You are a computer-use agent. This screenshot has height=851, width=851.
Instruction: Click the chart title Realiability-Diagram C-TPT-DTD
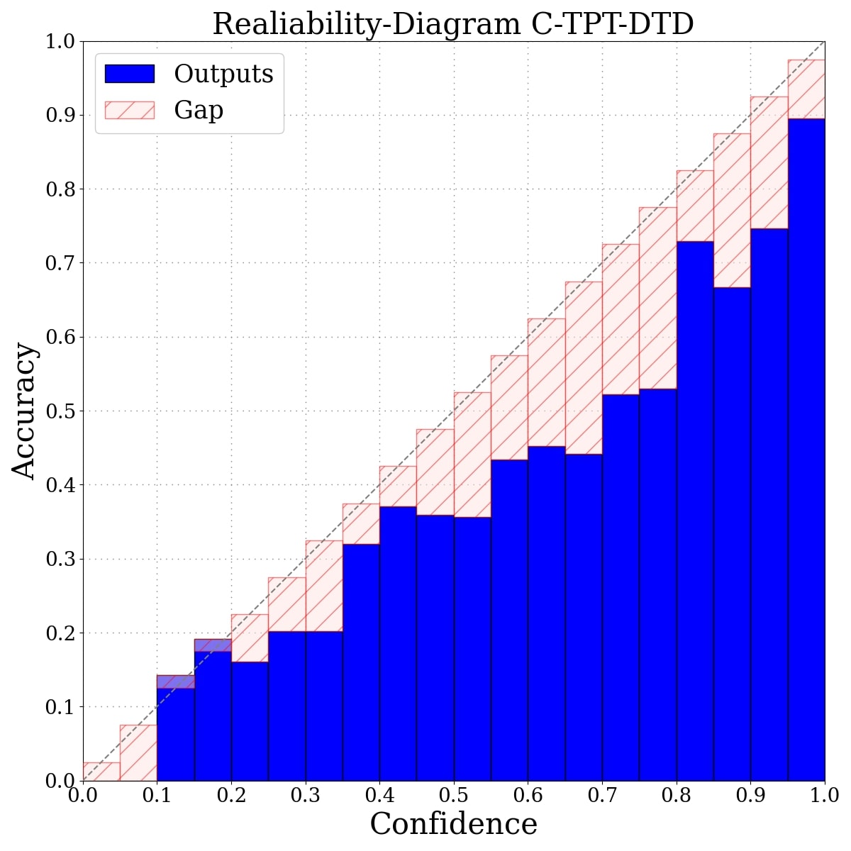point(452,24)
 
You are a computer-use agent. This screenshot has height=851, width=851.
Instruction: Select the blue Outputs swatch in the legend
point(129,74)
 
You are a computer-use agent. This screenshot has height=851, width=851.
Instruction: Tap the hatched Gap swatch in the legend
point(129,110)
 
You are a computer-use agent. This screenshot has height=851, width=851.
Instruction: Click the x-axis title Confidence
point(453,824)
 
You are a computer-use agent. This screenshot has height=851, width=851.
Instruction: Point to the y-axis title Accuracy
point(23,411)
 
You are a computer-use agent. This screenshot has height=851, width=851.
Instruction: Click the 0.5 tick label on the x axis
point(453,796)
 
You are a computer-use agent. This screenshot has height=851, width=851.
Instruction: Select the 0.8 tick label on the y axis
point(60,189)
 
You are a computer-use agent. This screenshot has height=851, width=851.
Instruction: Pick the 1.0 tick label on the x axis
point(823,796)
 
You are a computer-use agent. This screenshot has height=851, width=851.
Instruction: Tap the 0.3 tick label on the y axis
point(60,559)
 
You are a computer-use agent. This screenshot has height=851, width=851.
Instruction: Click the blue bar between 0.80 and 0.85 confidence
point(694,511)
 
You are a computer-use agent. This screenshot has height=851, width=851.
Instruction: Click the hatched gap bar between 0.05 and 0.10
point(138,752)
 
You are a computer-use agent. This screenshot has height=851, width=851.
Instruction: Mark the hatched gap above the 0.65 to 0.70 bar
point(584,368)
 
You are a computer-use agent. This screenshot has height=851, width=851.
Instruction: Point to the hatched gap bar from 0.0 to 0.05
point(101,772)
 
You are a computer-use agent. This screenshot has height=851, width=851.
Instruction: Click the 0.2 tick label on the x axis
point(231,796)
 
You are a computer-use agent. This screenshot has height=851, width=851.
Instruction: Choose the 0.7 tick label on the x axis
point(601,796)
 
